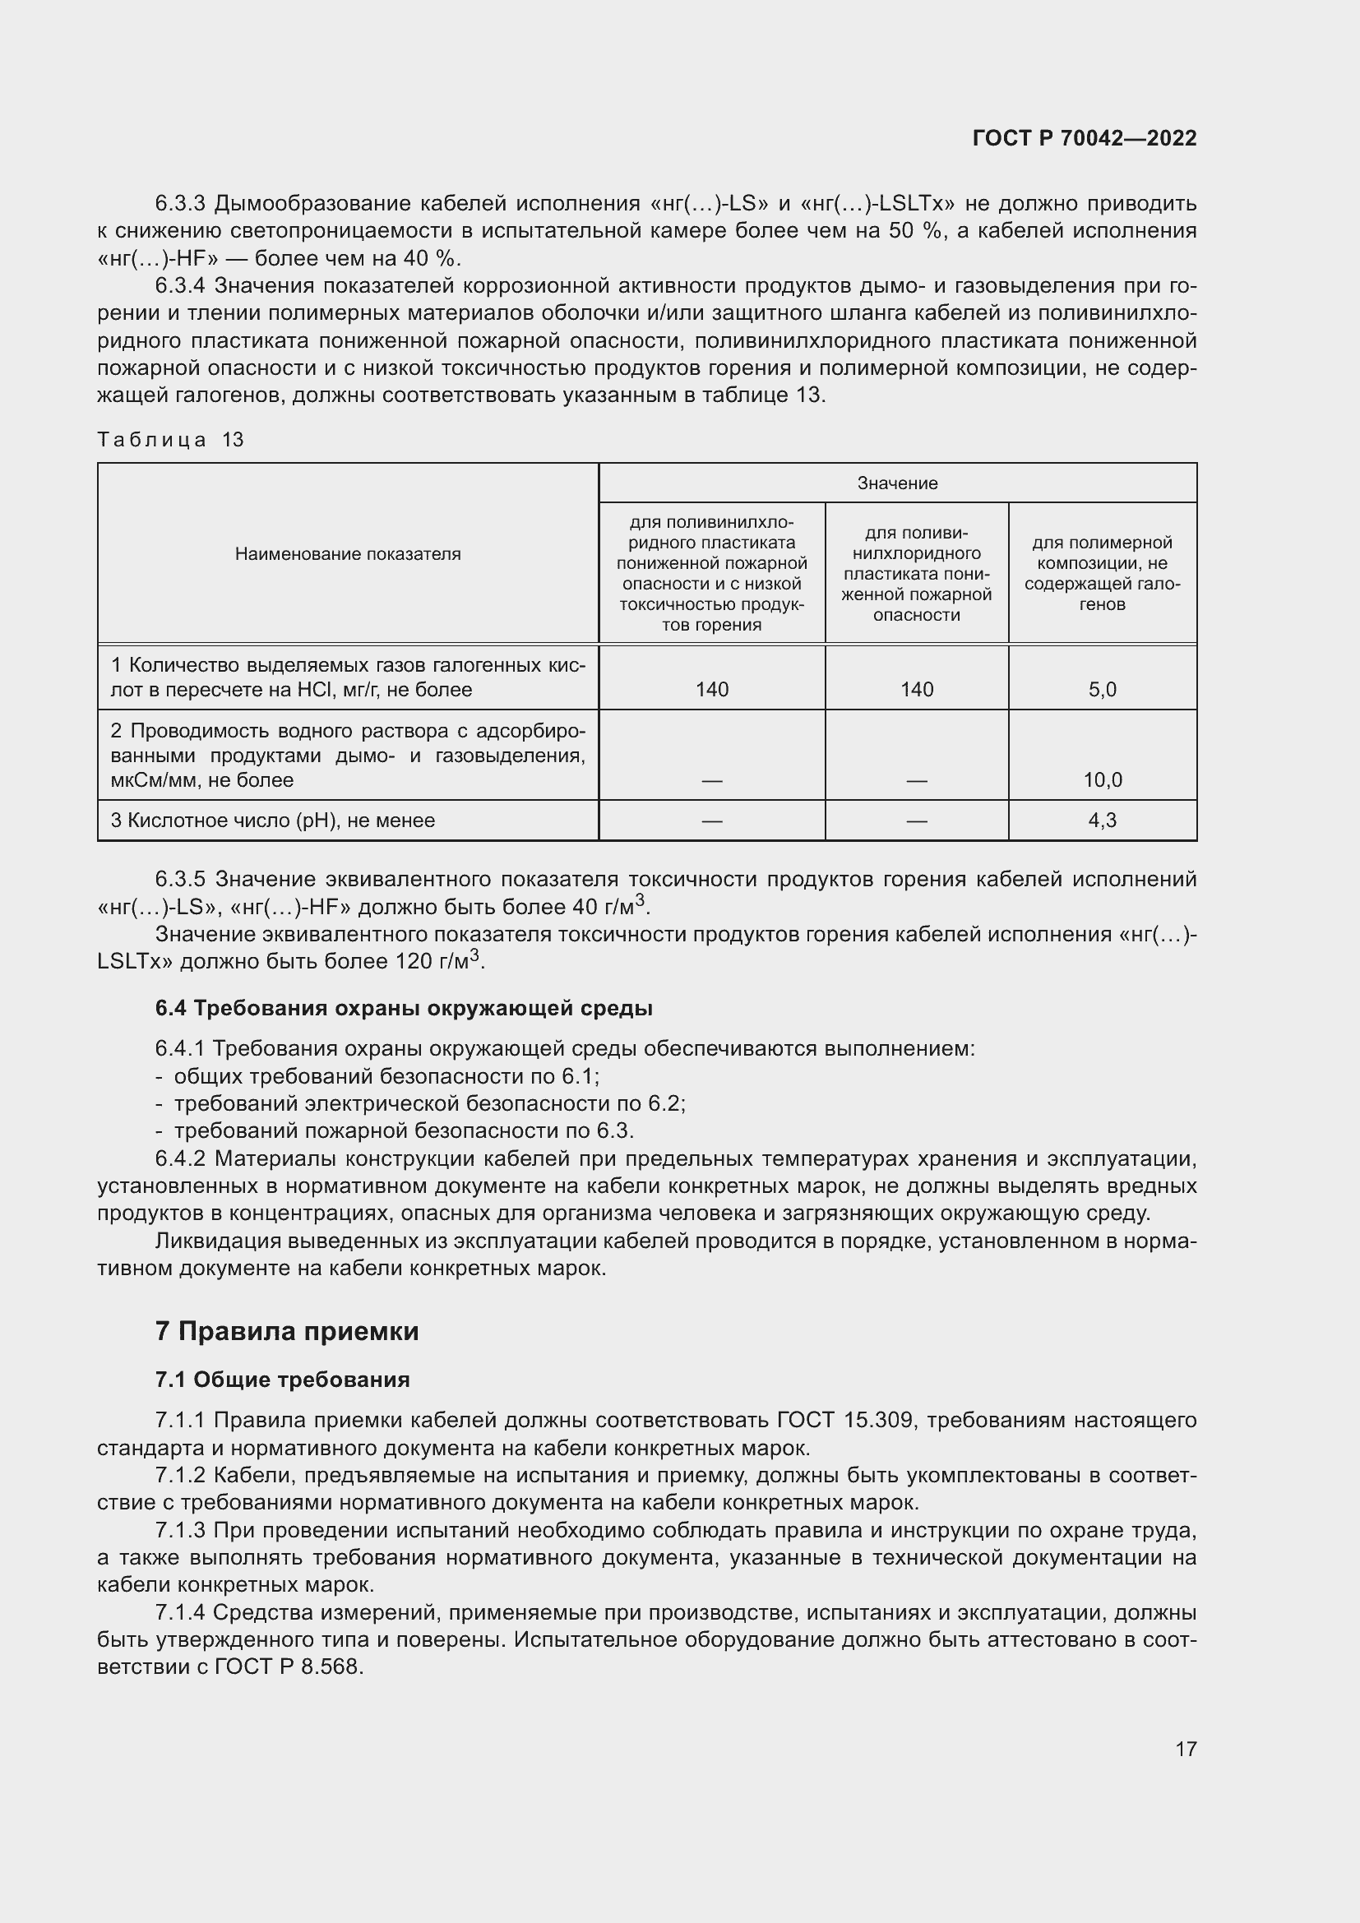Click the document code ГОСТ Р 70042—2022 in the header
tap(1085, 138)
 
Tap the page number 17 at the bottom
tap(1186, 1749)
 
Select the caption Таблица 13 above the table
tap(170, 440)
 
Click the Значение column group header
tap(897, 483)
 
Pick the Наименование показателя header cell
tap(348, 553)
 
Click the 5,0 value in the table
tap(1102, 689)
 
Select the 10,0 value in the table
tap(1102, 779)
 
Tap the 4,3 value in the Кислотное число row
tap(1102, 820)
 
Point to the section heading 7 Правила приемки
tap(286, 1332)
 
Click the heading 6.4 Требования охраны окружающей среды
tap(404, 1009)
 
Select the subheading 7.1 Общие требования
tap(282, 1380)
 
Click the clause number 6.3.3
tap(180, 204)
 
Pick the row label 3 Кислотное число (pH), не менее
tap(273, 820)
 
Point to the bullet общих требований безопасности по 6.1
tap(386, 1076)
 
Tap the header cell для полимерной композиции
tap(1102, 574)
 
